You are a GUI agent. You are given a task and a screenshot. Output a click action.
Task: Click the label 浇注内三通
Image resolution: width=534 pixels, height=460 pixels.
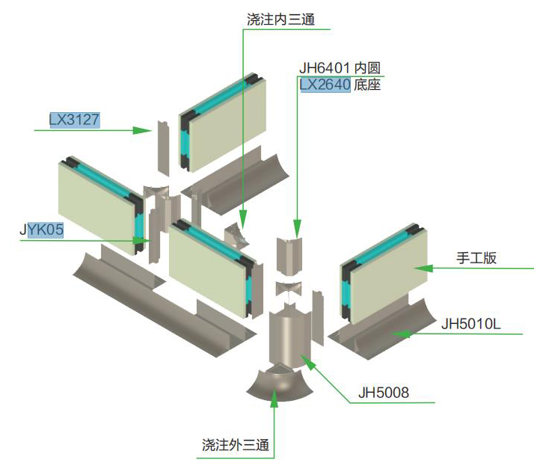click(x=280, y=19)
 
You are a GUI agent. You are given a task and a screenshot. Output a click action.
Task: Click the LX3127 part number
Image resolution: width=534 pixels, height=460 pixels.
click(x=75, y=119)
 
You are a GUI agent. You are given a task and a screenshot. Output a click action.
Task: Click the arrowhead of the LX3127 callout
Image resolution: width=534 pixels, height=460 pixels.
click(x=146, y=130)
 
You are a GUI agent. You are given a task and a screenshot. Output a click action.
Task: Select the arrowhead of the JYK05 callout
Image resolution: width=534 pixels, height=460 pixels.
click(x=142, y=241)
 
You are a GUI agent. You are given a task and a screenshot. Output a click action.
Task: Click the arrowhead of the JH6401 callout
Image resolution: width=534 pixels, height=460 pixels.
click(x=297, y=227)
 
